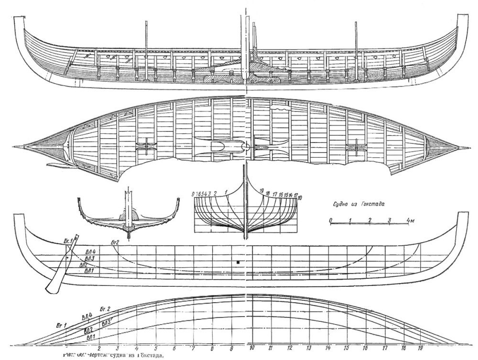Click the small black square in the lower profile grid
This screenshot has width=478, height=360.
click(237, 262)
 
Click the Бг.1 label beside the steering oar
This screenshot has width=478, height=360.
click(66, 240)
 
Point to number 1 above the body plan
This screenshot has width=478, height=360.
click(225, 192)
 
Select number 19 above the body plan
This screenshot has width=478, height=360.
click(261, 191)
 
